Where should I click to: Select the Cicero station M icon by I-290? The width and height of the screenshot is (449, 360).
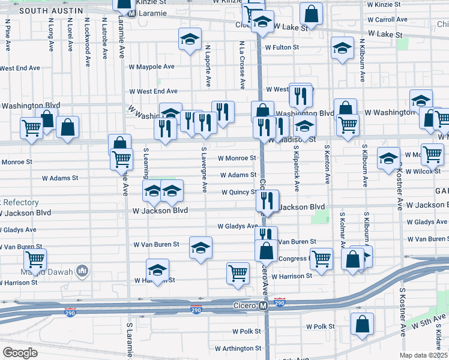coord(263,306)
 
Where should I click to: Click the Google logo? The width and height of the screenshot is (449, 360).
coord(20,353)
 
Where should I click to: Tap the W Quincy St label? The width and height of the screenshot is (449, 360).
coord(240,193)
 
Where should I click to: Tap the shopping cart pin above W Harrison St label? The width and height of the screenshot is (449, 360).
coord(238,272)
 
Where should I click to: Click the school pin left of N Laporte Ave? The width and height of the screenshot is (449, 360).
coord(190,39)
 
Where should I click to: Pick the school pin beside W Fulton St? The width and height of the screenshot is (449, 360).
coord(342,47)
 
